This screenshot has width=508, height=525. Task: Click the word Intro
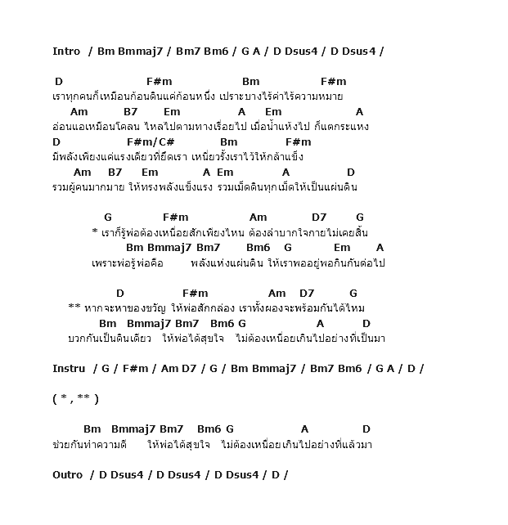(x=66, y=52)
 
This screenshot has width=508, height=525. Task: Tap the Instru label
(x=69, y=368)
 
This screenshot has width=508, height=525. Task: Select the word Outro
(x=67, y=475)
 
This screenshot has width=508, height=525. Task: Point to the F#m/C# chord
(x=151, y=142)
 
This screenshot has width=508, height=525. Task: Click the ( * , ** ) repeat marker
(x=76, y=399)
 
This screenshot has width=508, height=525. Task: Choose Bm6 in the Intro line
(x=216, y=52)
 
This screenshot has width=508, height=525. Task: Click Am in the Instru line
(x=170, y=368)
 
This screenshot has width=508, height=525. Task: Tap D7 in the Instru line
(x=189, y=368)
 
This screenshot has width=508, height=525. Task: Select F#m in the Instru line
(x=135, y=368)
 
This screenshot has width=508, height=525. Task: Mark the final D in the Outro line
(x=276, y=475)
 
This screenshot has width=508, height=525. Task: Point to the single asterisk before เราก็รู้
(x=95, y=231)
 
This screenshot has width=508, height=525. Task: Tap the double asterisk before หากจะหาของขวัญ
(x=74, y=306)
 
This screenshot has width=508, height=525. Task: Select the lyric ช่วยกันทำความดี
(x=90, y=445)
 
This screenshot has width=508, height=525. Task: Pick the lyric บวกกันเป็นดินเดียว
(x=110, y=339)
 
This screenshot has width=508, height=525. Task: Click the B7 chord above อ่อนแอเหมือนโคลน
(x=131, y=112)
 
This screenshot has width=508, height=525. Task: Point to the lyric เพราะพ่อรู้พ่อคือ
(x=128, y=263)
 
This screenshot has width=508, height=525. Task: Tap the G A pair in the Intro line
(x=251, y=52)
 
